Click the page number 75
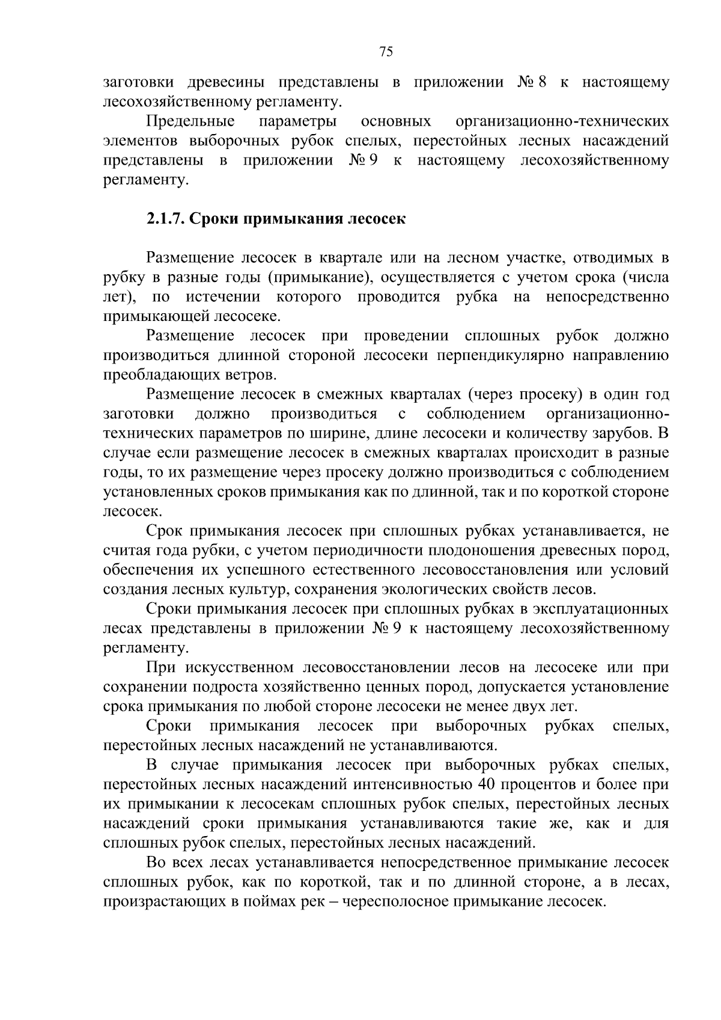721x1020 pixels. click(386, 52)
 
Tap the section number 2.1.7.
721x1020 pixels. click(166, 218)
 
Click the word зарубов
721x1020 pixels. click(626, 433)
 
